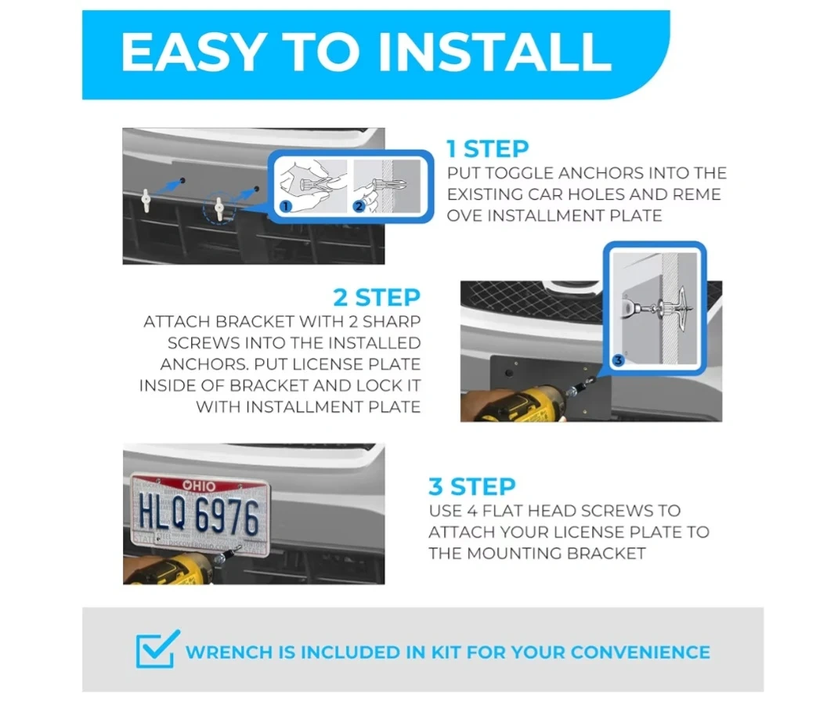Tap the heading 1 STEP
point(487,149)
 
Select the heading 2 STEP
point(377,298)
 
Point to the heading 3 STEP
point(472,486)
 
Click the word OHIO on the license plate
point(199,486)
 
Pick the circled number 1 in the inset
point(285,206)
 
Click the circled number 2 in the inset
point(359,206)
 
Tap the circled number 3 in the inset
point(618,360)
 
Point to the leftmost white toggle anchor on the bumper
point(146,201)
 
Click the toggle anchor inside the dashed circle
point(218,208)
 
